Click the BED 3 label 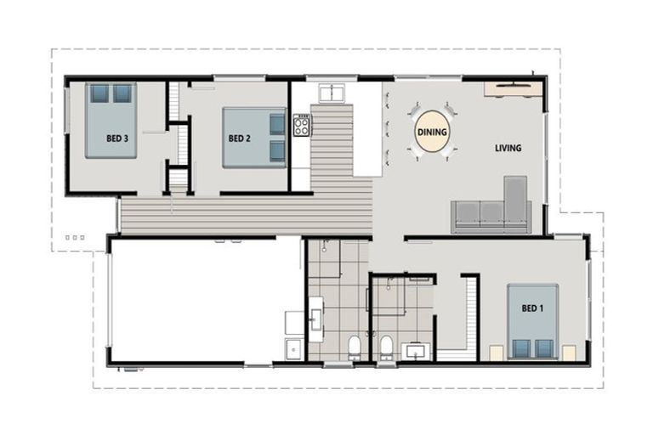click(x=117, y=138)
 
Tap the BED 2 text click(x=239, y=138)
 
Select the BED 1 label click(x=532, y=308)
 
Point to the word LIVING click(x=508, y=148)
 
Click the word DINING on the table click(x=432, y=133)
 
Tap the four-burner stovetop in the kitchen click(x=302, y=126)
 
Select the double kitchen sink click(x=331, y=93)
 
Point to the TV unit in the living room click(x=514, y=88)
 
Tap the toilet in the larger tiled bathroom click(x=355, y=346)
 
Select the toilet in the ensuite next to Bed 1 click(x=385, y=346)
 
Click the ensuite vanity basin click(x=417, y=350)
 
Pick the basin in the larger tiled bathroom click(x=316, y=318)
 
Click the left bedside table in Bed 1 click(x=497, y=351)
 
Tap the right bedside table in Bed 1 click(x=568, y=352)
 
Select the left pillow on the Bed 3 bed click(x=100, y=93)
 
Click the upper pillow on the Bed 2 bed click(x=277, y=124)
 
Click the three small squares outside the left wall click(x=75, y=238)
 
